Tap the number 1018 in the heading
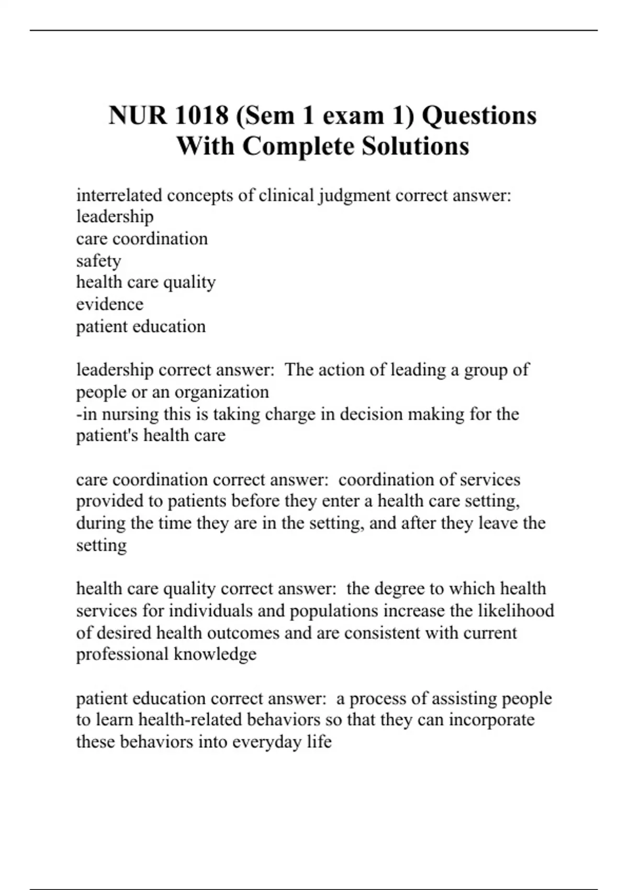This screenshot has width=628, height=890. (202, 115)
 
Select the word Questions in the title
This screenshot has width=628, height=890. (479, 115)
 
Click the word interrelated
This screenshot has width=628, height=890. (119, 195)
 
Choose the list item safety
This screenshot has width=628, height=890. (98, 261)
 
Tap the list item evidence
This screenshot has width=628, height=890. (109, 304)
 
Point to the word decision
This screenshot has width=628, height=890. (371, 414)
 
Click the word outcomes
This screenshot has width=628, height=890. (243, 632)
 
